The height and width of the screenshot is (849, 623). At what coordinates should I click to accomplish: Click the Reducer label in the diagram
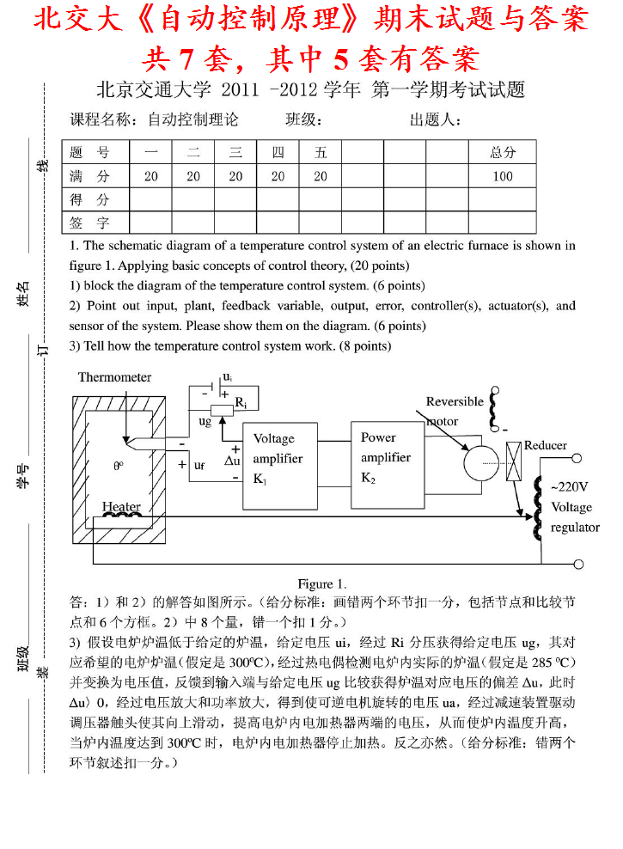click(x=545, y=445)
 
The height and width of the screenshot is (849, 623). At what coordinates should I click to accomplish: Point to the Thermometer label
click(x=114, y=377)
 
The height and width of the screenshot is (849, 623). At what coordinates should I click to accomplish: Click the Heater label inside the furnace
click(x=121, y=506)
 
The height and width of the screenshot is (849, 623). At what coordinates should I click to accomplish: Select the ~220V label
click(x=570, y=486)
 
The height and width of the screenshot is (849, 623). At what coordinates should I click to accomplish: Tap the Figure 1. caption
click(x=322, y=584)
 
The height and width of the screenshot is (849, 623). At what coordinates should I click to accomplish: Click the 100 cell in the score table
click(x=503, y=176)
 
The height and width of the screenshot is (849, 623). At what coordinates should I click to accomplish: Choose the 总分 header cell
click(x=503, y=152)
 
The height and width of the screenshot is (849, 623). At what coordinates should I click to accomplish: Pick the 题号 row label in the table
click(x=89, y=152)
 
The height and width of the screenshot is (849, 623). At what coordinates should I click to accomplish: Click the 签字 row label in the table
click(x=89, y=223)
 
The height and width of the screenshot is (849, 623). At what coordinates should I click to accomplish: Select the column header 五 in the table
click(x=321, y=152)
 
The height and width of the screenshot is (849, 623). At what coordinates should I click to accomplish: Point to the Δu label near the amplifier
click(x=232, y=460)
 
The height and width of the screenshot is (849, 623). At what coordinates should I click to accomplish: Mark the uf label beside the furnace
click(x=199, y=465)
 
